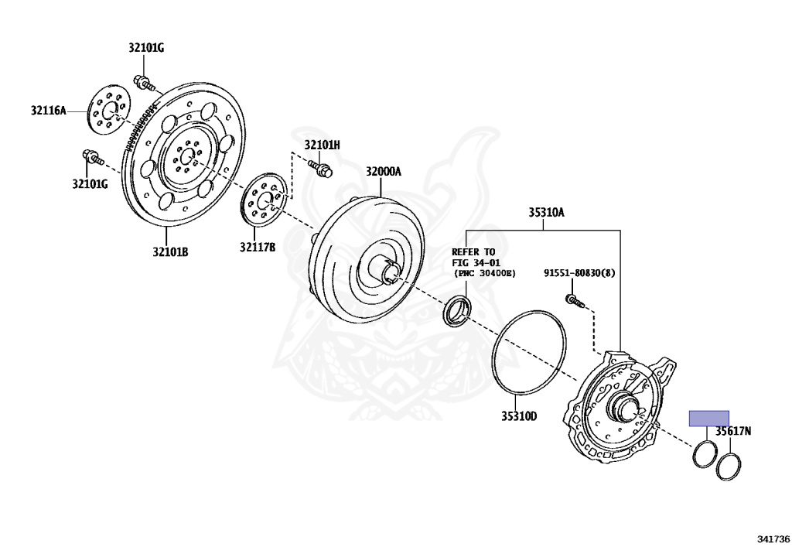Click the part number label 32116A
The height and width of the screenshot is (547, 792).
49,110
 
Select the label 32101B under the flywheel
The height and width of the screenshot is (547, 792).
170,251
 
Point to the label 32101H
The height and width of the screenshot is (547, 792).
322,145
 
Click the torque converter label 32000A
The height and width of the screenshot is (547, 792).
384,172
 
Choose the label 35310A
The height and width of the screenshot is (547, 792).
546,211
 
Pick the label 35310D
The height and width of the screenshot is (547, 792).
518,416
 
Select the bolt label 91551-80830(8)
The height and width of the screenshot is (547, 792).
579,273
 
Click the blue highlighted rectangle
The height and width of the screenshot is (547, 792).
708,419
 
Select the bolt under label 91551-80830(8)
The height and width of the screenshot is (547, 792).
573,300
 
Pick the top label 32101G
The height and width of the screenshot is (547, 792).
146,48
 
